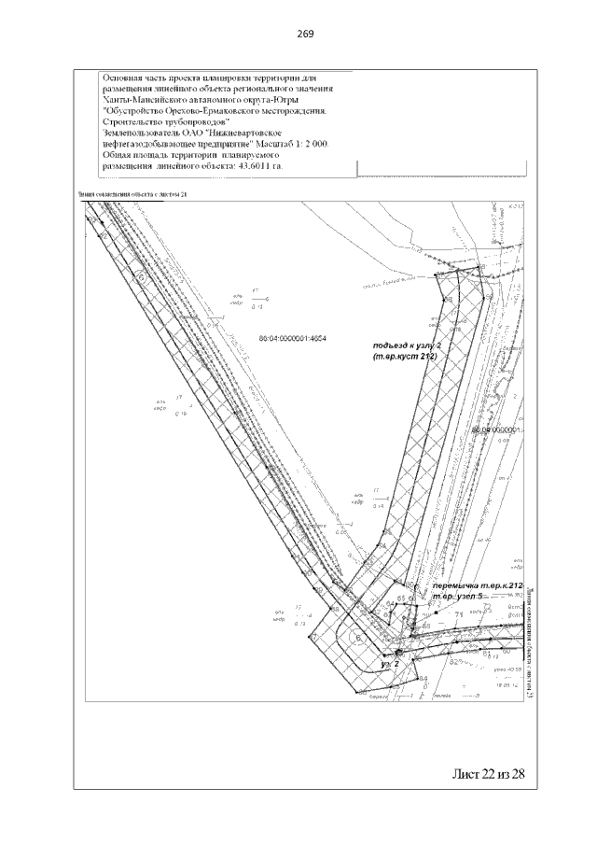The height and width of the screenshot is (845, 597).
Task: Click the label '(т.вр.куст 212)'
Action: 405,358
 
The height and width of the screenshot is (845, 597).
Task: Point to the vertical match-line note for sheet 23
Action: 529,644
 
